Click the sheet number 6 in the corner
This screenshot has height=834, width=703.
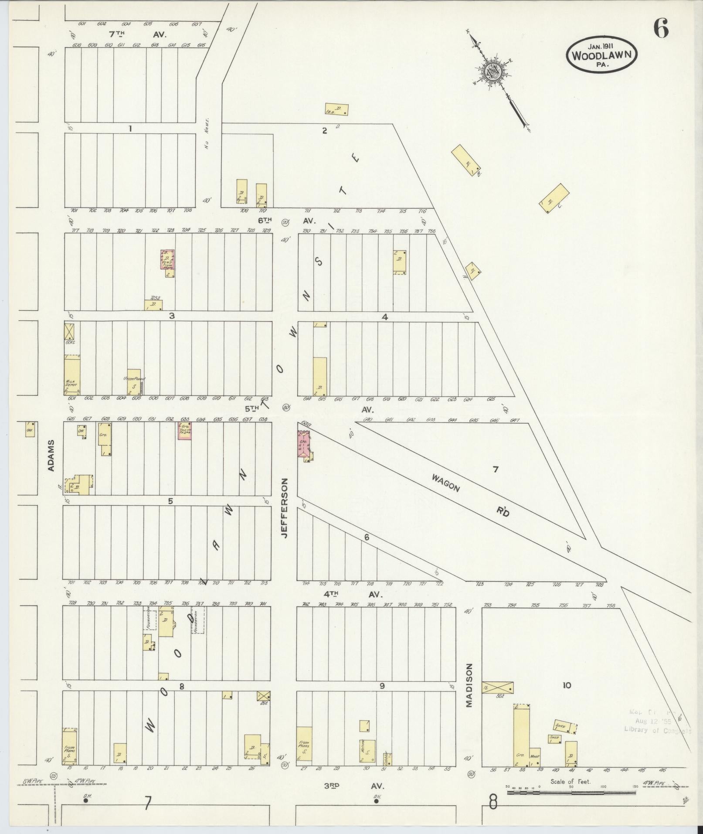[x=660, y=30]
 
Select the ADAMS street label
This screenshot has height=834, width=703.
[x=51, y=455]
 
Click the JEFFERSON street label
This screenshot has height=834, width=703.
[x=285, y=508]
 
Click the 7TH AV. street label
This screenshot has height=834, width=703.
[x=137, y=34]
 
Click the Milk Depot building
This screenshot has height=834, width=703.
[x=72, y=375]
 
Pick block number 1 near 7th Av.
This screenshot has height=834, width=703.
[x=129, y=129]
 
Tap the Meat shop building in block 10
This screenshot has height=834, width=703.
[x=535, y=757]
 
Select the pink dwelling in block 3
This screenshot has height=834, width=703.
[x=167, y=262]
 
